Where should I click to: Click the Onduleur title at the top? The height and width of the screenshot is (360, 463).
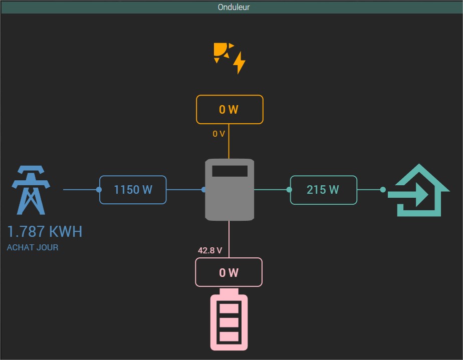click(x=234, y=7)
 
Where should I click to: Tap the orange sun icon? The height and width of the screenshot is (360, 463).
click(x=222, y=52)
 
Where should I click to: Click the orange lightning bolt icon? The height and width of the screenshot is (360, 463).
click(x=240, y=63)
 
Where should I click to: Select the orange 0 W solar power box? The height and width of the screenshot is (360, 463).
click(x=229, y=110)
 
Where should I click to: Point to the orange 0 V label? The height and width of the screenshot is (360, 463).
click(x=218, y=134)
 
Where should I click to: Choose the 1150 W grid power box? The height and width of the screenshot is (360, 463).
click(x=133, y=190)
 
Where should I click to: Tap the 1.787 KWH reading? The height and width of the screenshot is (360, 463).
click(x=45, y=232)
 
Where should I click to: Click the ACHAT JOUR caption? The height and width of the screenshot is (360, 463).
click(x=33, y=247)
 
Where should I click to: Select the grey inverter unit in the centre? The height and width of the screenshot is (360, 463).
click(x=229, y=195)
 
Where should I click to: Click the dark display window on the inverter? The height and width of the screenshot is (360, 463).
click(x=229, y=171)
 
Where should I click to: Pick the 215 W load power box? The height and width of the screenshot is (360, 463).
click(x=323, y=190)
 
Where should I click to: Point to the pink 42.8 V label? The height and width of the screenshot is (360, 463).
click(x=210, y=250)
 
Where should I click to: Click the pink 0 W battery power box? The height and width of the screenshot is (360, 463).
click(x=229, y=272)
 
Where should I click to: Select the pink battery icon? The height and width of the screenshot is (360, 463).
click(x=229, y=320)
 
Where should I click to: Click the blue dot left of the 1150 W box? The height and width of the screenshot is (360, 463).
click(x=99, y=190)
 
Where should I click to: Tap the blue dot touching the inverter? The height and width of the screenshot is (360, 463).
click(x=204, y=190)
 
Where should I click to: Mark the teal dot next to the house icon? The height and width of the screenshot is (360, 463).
click(x=383, y=190)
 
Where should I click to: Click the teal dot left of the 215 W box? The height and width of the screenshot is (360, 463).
click(x=289, y=190)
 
